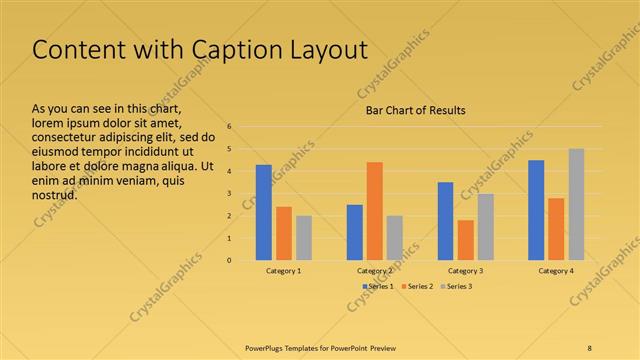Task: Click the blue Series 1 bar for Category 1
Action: click(264, 212)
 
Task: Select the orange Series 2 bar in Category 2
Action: click(374, 211)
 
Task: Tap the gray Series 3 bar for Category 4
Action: click(576, 204)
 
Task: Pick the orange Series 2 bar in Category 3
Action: click(465, 240)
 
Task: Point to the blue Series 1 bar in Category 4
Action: click(536, 210)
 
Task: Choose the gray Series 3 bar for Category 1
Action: click(304, 238)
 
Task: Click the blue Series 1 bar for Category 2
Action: click(354, 232)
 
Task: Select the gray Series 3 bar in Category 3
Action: click(485, 227)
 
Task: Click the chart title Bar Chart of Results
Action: click(415, 110)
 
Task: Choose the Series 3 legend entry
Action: click(458, 287)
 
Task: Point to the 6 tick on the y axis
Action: click(229, 127)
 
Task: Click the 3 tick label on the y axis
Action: click(229, 194)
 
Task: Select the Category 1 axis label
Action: click(284, 271)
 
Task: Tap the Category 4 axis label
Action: click(556, 271)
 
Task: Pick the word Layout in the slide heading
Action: click(321, 50)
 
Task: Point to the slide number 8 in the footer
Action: click(590, 347)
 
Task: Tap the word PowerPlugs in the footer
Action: click(265, 347)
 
